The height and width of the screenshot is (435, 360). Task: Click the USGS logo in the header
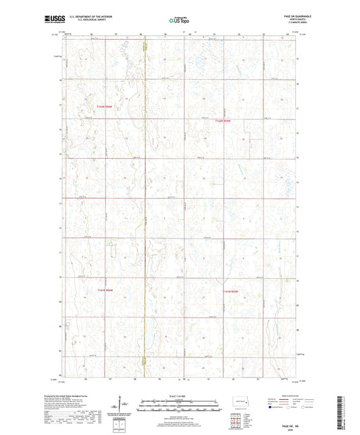(51, 20)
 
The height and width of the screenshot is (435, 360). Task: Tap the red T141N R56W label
(99, 290)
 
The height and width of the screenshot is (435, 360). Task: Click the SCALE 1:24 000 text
(180, 396)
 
